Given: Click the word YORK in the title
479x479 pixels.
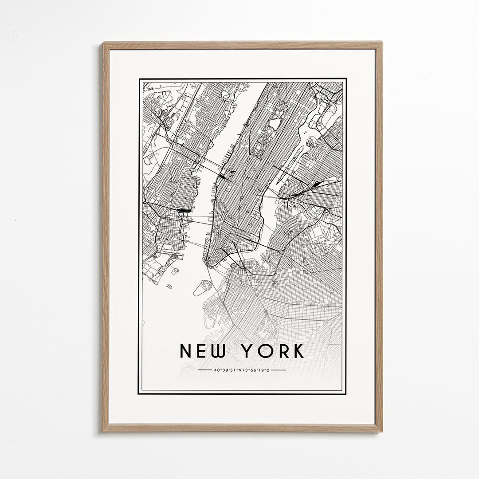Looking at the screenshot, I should coord(273,351).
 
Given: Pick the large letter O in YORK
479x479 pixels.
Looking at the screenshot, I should coord(265,351).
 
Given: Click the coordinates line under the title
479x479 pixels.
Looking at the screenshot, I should coord(242,370).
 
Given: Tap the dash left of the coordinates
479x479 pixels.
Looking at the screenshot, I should coord(205,370).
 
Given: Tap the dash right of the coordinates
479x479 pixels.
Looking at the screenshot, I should coord(278,370).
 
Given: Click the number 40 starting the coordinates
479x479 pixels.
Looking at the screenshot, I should coord(216,370).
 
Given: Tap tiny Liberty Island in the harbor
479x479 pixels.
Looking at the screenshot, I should coord(169,286).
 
